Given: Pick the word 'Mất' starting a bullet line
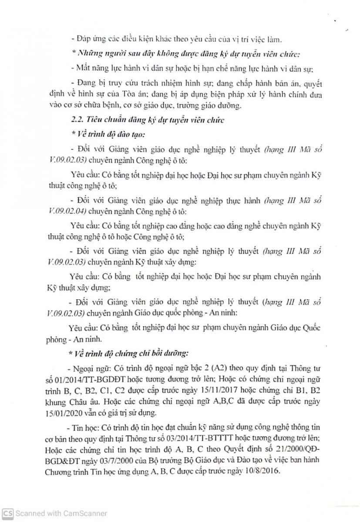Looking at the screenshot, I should click(82, 68).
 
